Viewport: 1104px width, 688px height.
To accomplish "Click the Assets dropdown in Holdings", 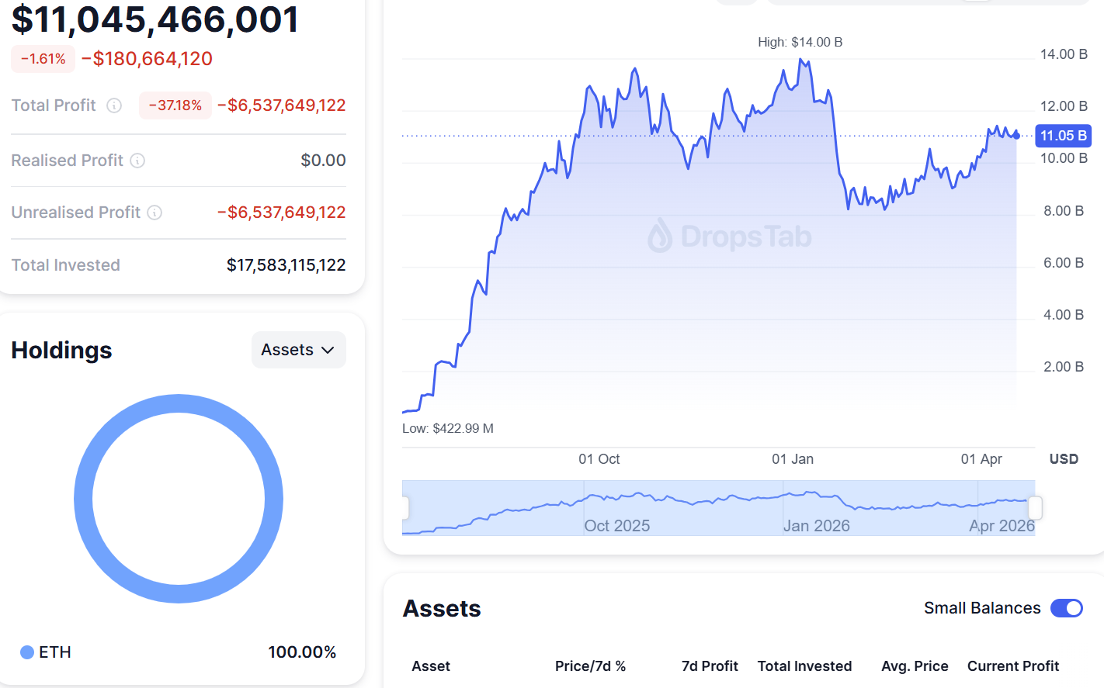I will point(298,350).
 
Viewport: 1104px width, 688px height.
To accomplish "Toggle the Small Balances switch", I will point(1066,608).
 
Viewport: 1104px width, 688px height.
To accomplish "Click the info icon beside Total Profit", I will point(114,105).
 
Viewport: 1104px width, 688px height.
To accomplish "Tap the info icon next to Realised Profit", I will point(137,161).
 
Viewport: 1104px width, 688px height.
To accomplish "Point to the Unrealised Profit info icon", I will point(154,213).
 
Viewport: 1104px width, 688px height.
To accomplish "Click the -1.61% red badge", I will point(43,59).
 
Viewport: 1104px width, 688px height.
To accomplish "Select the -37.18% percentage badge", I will point(175,105).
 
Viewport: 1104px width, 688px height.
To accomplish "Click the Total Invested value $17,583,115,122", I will point(286,265).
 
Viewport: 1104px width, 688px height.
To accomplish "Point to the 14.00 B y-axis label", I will point(1063,54).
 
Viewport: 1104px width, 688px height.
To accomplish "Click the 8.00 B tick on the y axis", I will point(1063,211).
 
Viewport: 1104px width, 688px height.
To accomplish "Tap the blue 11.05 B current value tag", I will point(1063,136).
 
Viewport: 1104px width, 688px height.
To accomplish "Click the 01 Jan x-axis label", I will point(793,459).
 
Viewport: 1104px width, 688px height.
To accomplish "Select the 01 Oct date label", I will point(599,459).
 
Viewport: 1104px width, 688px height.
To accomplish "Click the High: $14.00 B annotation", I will point(800,42).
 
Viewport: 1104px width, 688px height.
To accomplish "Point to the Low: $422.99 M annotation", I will point(448,428).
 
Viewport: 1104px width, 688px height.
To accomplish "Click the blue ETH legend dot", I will point(27,652).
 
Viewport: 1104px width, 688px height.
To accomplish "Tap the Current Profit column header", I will point(1012,666).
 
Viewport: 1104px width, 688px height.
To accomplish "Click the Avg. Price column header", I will point(915,666).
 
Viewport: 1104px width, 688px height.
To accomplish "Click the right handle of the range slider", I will point(1035,508).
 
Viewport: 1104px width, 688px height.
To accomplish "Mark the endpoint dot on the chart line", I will point(1016,136).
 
